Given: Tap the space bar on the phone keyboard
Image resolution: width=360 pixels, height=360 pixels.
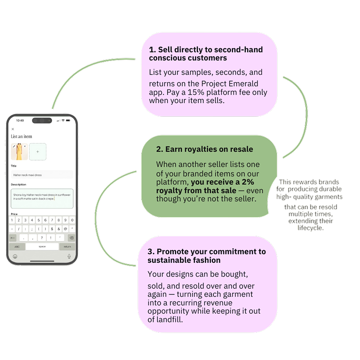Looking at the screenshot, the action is (42, 247).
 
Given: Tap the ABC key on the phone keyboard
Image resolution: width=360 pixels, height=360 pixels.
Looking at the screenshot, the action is (17, 247).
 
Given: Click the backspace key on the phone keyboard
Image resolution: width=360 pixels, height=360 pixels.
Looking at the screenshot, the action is (70, 238).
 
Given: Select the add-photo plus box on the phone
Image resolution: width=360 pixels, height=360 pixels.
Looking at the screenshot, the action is (38, 152).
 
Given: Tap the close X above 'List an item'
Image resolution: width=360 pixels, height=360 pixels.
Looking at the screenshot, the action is (13, 129).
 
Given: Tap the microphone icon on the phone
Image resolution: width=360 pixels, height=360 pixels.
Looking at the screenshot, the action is (69, 256).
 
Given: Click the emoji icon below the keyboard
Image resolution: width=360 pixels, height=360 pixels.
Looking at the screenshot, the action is (15, 256).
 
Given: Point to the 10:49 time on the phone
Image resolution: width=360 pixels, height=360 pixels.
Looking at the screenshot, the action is (20, 120).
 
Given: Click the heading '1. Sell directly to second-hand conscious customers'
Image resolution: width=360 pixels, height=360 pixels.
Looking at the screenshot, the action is (206, 54).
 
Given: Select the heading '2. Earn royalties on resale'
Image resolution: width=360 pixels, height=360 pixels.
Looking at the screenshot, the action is (204, 149).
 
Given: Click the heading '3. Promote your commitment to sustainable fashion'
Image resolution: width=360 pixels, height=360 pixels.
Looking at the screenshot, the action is (206, 256).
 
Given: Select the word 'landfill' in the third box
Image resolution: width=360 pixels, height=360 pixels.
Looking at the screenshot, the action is (169, 319).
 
